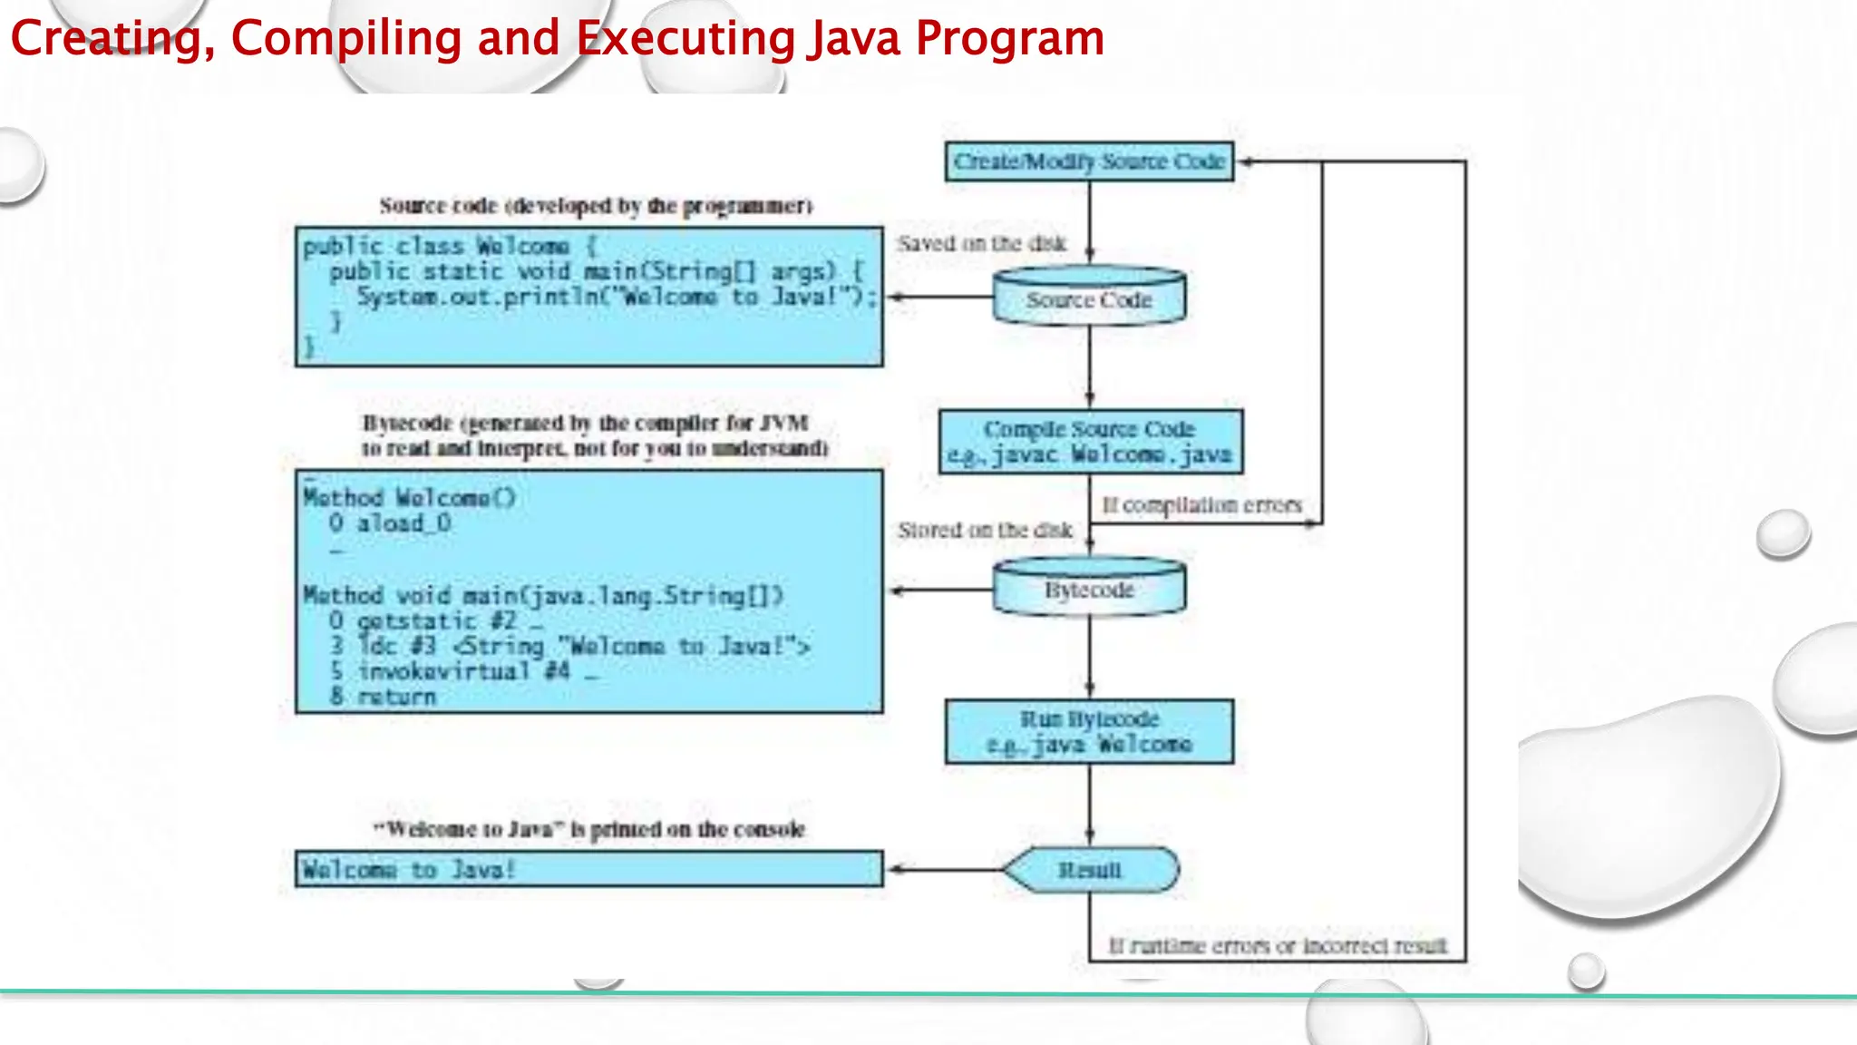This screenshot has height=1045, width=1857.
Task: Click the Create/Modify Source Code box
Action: point(1089,161)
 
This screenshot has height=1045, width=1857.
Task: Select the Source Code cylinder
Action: point(1089,298)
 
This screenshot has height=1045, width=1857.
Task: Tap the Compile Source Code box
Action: point(1090,442)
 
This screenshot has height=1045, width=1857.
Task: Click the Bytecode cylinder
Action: point(1089,590)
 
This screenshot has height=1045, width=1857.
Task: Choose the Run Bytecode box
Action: point(1089,731)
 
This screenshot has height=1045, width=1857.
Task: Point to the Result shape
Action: point(1090,870)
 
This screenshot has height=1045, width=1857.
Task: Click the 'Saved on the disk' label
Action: point(982,243)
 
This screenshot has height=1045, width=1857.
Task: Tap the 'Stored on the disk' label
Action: point(985,530)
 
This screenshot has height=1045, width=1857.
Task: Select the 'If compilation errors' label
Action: point(1201,504)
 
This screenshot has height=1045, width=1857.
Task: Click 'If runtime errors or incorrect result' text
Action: point(1278,946)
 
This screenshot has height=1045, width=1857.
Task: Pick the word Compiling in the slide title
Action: point(346,38)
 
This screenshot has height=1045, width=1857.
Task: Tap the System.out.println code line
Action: point(616,297)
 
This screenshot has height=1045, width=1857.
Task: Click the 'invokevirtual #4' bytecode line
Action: point(462,671)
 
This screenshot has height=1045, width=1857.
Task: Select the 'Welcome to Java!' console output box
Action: point(588,869)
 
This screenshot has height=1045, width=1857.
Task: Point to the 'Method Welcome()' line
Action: point(409,497)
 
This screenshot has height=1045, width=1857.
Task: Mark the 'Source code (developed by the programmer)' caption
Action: point(596,206)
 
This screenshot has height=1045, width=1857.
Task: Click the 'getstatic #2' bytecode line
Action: point(435,621)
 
